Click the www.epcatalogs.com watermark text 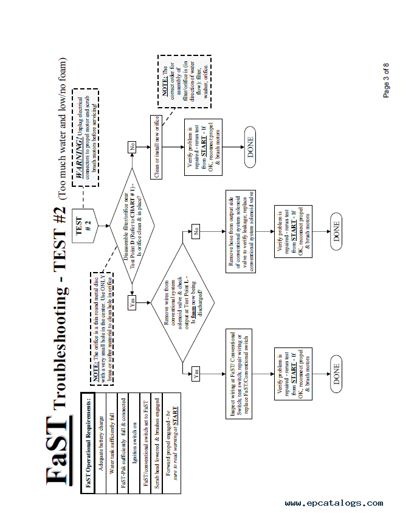[334, 503]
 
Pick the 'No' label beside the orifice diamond [131, 146]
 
